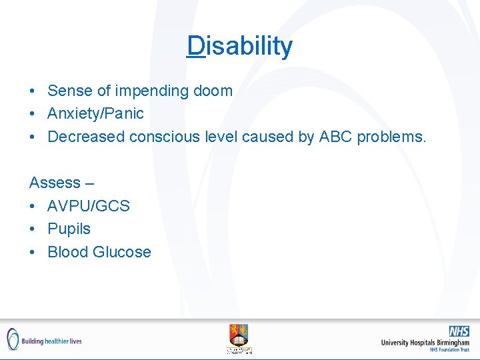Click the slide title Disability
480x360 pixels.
pyautogui.click(x=240, y=46)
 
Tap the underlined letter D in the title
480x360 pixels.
pyautogui.click(x=196, y=46)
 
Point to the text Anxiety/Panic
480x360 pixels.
pyautogui.click(x=95, y=113)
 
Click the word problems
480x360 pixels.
pyautogui.click(x=393, y=137)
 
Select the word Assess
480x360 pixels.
pyautogui.click(x=53, y=182)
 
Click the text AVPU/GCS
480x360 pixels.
pyautogui.click(x=89, y=206)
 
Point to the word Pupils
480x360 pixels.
pyautogui.click(x=69, y=229)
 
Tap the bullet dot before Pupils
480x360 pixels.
pyautogui.click(x=33, y=229)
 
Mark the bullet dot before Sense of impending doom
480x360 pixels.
pyautogui.click(x=33, y=91)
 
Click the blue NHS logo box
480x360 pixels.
pyautogui.click(x=459, y=331)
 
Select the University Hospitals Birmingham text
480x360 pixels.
pyautogui.click(x=425, y=343)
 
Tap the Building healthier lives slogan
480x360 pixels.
pyautogui.click(x=51, y=341)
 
